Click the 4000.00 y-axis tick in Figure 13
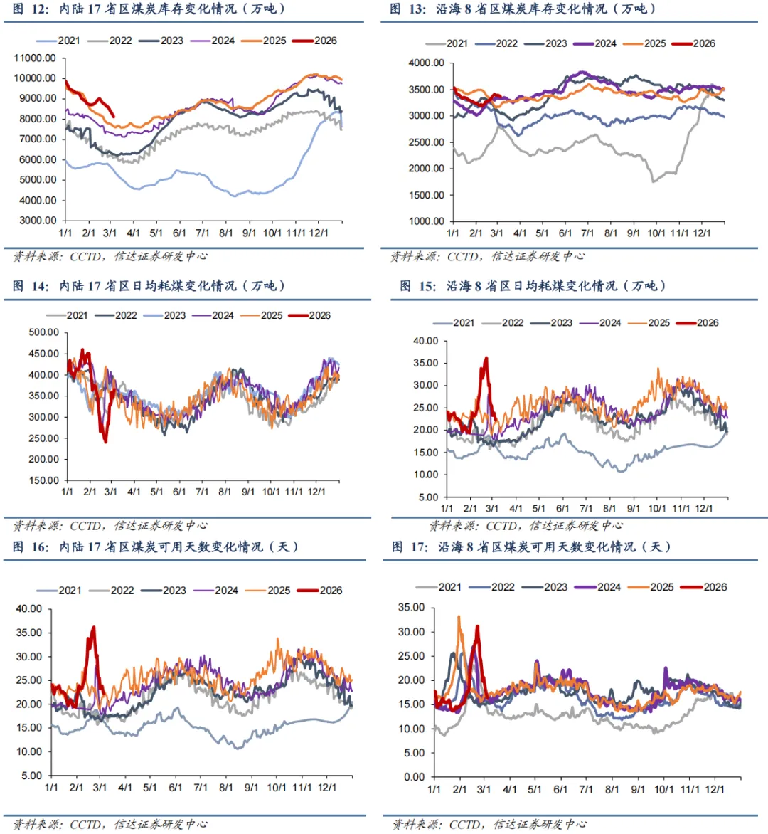(x=427, y=63)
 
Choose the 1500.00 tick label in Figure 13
(x=427, y=195)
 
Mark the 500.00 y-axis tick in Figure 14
(x=43, y=332)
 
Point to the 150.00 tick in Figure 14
(x=43, y=480)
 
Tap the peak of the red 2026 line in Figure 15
(x=486, y=358)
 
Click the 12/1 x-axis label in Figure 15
(x=704, y=509)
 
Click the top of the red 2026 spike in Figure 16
(x=93, y=628)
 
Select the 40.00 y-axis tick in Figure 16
(x=30, y=609)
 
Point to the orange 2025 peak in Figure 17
(x=459, y=617)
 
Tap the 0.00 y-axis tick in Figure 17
(x=414, y=777)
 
